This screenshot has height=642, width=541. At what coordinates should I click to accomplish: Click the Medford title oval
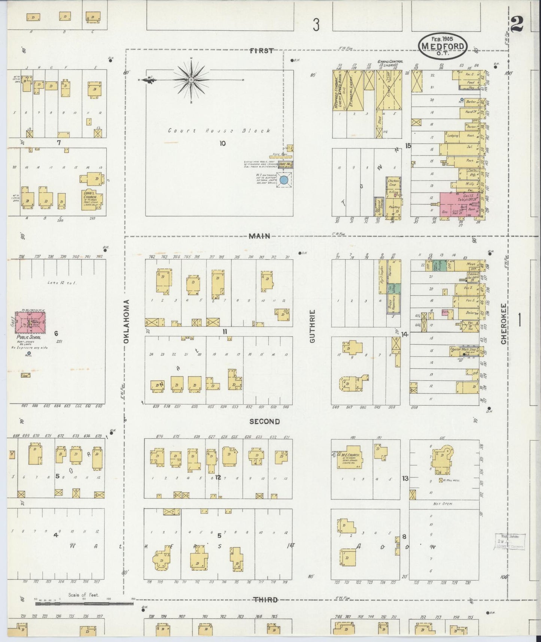click(443, 45)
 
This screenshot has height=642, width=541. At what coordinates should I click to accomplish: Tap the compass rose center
click(191, 79)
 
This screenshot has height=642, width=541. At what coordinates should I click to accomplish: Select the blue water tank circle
click(284, 180)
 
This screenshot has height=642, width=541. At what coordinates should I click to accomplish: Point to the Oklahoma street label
click(127, 321)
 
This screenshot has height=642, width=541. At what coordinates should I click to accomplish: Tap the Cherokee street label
click(504, 324)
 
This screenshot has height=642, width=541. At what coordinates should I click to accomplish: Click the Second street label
click(264, 421)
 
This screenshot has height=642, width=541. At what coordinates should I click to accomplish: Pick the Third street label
click(267, 600)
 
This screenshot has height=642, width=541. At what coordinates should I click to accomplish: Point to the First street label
click(261, 51)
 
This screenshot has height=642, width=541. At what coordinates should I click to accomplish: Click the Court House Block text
click(219, 131)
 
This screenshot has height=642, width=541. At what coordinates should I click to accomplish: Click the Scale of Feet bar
click(84, 603)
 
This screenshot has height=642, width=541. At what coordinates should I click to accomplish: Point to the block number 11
click(224, 331)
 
